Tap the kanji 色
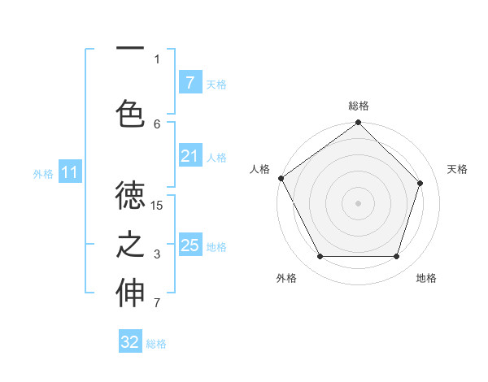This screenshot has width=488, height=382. coord(131,113)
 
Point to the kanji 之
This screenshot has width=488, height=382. coord(131,245)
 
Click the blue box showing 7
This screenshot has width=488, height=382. coord(190,82)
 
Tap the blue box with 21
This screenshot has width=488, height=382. coord(190,156)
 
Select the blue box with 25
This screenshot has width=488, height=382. coord(190,245)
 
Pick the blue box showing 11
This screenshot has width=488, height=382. coord(70,172)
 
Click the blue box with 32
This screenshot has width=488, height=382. coord(130,342)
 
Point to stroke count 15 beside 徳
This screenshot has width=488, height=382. coord(157,206)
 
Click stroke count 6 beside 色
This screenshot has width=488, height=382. coord(157,124)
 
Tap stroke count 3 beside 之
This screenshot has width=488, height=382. coord(157,255)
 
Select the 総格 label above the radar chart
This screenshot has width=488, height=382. coord(358,106)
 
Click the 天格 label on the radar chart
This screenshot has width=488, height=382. coord(458,169)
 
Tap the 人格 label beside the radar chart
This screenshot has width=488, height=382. coord(259,169)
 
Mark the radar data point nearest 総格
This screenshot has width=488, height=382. coord(358,123)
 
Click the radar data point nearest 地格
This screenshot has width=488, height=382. coord(396,257)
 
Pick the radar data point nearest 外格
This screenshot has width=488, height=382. coord(320,257)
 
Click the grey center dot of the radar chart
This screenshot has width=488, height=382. coord(358,202)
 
